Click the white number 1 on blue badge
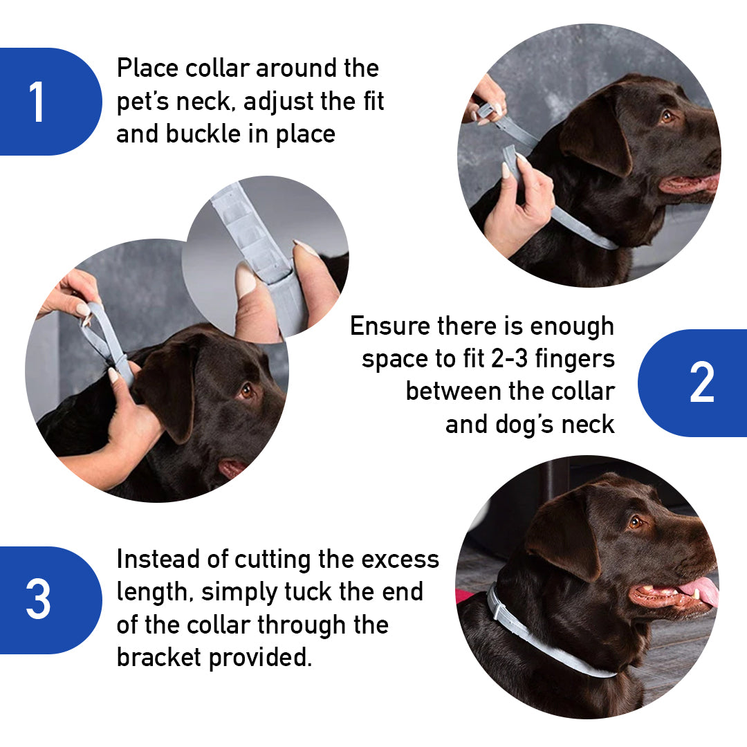(37, 102)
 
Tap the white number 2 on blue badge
(701, 383)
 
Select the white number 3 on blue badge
(38, 599)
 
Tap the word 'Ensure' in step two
(390, 326)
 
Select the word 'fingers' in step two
(577, 359)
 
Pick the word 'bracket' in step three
(159, 657)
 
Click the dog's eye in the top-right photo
(667, 116)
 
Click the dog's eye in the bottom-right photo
(635, 522)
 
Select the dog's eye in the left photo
(247, 391)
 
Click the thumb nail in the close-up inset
(246, 280)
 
